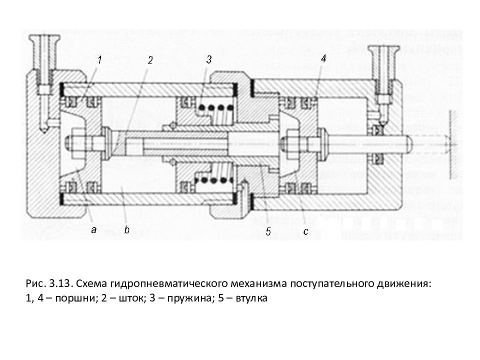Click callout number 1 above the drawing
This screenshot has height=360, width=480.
pos(99,60)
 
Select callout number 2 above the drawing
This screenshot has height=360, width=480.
pos(149,60)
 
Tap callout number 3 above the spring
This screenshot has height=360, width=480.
pos(208,59)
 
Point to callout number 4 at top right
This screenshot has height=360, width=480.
pos(323,58)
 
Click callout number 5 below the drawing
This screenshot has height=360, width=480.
pos(268,231)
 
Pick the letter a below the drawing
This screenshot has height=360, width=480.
pos(93,230)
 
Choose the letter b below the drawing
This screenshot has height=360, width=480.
pos(126,230)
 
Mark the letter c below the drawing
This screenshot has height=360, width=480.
pos(305,231)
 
